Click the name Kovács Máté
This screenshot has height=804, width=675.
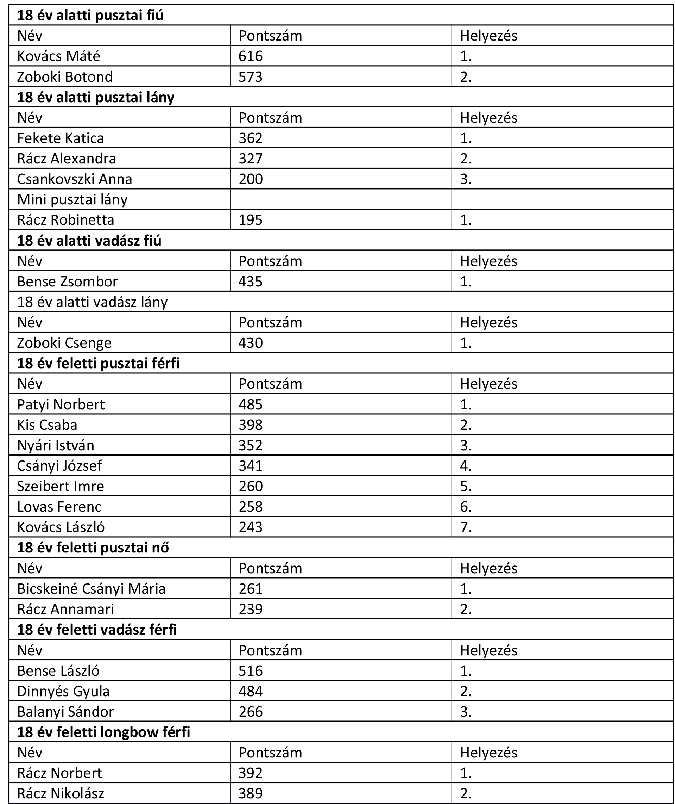click(x=58, y=56)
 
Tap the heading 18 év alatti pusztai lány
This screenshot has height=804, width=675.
click(x=96, y=97)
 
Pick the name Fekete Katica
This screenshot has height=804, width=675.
click(x=61, y=138)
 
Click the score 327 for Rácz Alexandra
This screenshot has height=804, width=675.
click(x=250, y=159)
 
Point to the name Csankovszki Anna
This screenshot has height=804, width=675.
click(x=75, y=179)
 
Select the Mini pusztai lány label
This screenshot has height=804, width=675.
click(x=72, y=199)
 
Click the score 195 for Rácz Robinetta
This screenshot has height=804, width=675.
click(x=250, y=220)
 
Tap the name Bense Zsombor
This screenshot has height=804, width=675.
click(x=67, y=282)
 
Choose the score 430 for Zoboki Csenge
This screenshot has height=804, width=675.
click(x=250, y=343)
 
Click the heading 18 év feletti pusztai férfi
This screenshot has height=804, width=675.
click(x=98, y=363)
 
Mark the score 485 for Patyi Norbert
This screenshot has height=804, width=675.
click(x=250, y=404)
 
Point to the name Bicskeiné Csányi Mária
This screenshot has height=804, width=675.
click(x=91, y=589)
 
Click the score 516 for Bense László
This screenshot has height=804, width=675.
click(x=250, y=671)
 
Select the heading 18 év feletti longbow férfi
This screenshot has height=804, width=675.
click(x=104, y=732)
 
